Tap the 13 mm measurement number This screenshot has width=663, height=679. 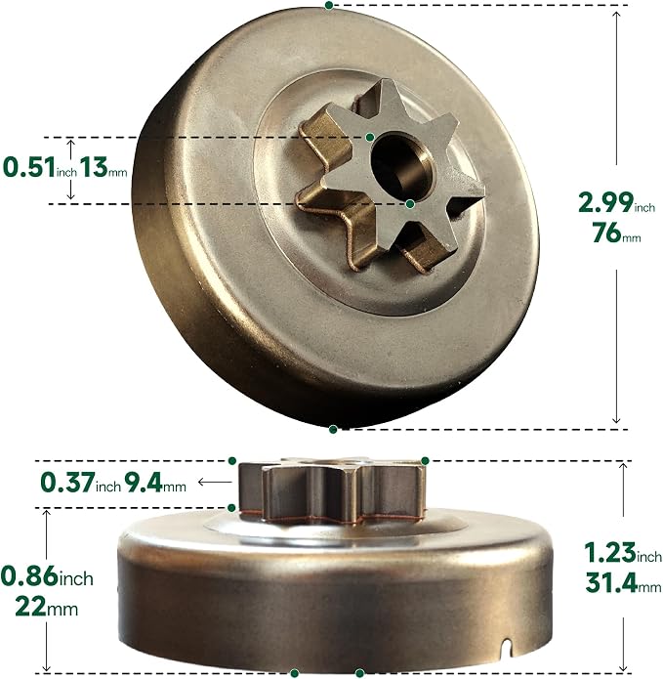[x=104, y=168]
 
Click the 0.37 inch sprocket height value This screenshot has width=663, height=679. [x=80, y=483]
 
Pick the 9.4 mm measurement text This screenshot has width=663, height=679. [x=155, y=483]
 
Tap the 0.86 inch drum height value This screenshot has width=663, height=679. [x=47, y=576]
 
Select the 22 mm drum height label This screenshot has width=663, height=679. [x=47, y=607]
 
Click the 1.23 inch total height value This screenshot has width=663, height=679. [x=623, y=553]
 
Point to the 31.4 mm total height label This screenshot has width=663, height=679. [x=623, y=583]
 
